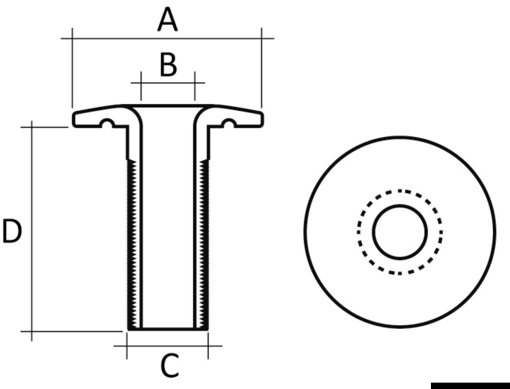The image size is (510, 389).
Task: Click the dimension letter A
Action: [168, 20]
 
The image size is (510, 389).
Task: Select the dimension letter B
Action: [168, 65]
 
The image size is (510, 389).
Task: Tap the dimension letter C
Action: [169, 366]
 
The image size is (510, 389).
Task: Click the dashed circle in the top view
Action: [400, 191]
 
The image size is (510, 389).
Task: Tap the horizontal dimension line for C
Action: [168, 346]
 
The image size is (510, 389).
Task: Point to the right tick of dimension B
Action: [195, 83]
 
